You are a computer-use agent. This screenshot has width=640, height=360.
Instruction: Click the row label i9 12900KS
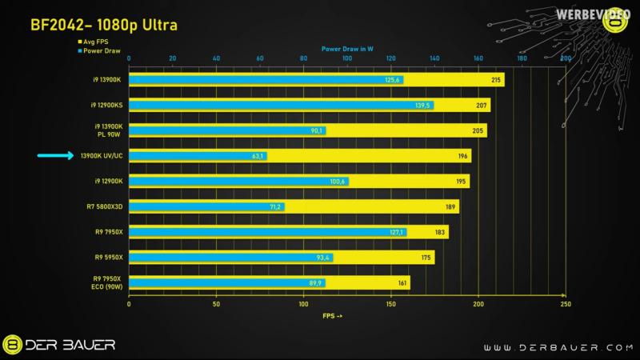[x=105, y=105]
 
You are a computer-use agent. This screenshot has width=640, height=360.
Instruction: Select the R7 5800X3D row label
[x=104, y=207]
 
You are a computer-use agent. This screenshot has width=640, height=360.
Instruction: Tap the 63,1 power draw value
[x=258, y=156]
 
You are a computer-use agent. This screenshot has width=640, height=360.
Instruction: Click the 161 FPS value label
[x=402, y=283]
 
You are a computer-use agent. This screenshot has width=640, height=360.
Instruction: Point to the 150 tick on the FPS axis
[x=391, y=304]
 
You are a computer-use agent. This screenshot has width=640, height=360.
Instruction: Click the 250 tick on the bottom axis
[x=566, y=304]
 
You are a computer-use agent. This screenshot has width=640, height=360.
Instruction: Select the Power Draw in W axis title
[x=348, y=49]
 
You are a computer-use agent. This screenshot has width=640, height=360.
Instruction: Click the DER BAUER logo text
[x=71, y=345]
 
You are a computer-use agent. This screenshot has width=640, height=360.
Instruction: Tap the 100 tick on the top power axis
[x=346, y=58]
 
